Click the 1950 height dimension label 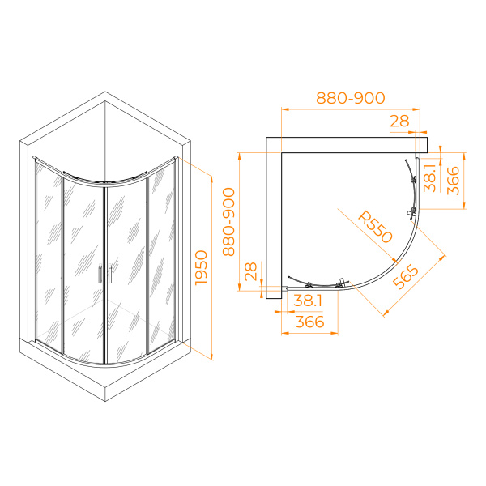coord(201,267)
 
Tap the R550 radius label coord(375,227)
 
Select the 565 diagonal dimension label coord(406,276)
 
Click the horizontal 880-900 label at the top coord(351,98)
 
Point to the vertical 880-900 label coord(228,222)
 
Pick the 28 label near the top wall coord(399,121)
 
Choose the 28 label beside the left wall coord(251,271)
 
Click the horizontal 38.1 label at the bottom coord(308,301)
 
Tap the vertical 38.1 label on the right coord(430,178)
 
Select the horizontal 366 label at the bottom coord(309,322)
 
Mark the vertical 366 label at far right coord(453,181)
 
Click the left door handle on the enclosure coord(100,275)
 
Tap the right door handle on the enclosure coord(109,275)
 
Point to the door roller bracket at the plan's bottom coord(342,283)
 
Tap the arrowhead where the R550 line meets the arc coord(394,260)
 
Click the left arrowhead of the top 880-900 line coord(285,109)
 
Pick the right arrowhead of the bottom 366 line coord(334,333)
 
